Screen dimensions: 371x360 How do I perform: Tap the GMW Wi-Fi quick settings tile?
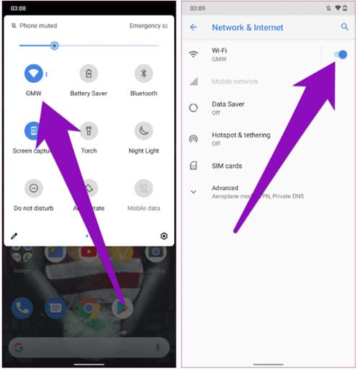point(32,73)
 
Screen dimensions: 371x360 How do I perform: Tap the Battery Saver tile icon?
point(89,73)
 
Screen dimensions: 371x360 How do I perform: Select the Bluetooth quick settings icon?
point(143,73)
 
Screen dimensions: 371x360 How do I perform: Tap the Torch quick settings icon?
point(89,130)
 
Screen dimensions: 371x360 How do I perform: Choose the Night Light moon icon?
point(143,130)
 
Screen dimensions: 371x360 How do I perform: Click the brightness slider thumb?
point(54,45)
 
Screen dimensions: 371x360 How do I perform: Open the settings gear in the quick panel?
point(164,236)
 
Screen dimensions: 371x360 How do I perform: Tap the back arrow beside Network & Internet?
point(193,27)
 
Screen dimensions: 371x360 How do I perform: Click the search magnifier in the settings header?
point(344,27)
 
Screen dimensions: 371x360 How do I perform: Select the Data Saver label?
point(228,104)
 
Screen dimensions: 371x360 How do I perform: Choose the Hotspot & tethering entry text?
point(240,135)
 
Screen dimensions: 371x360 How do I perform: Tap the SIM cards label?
point(227,166)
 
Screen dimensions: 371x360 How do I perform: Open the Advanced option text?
point(225,188)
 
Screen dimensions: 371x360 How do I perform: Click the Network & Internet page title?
point(247,27)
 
